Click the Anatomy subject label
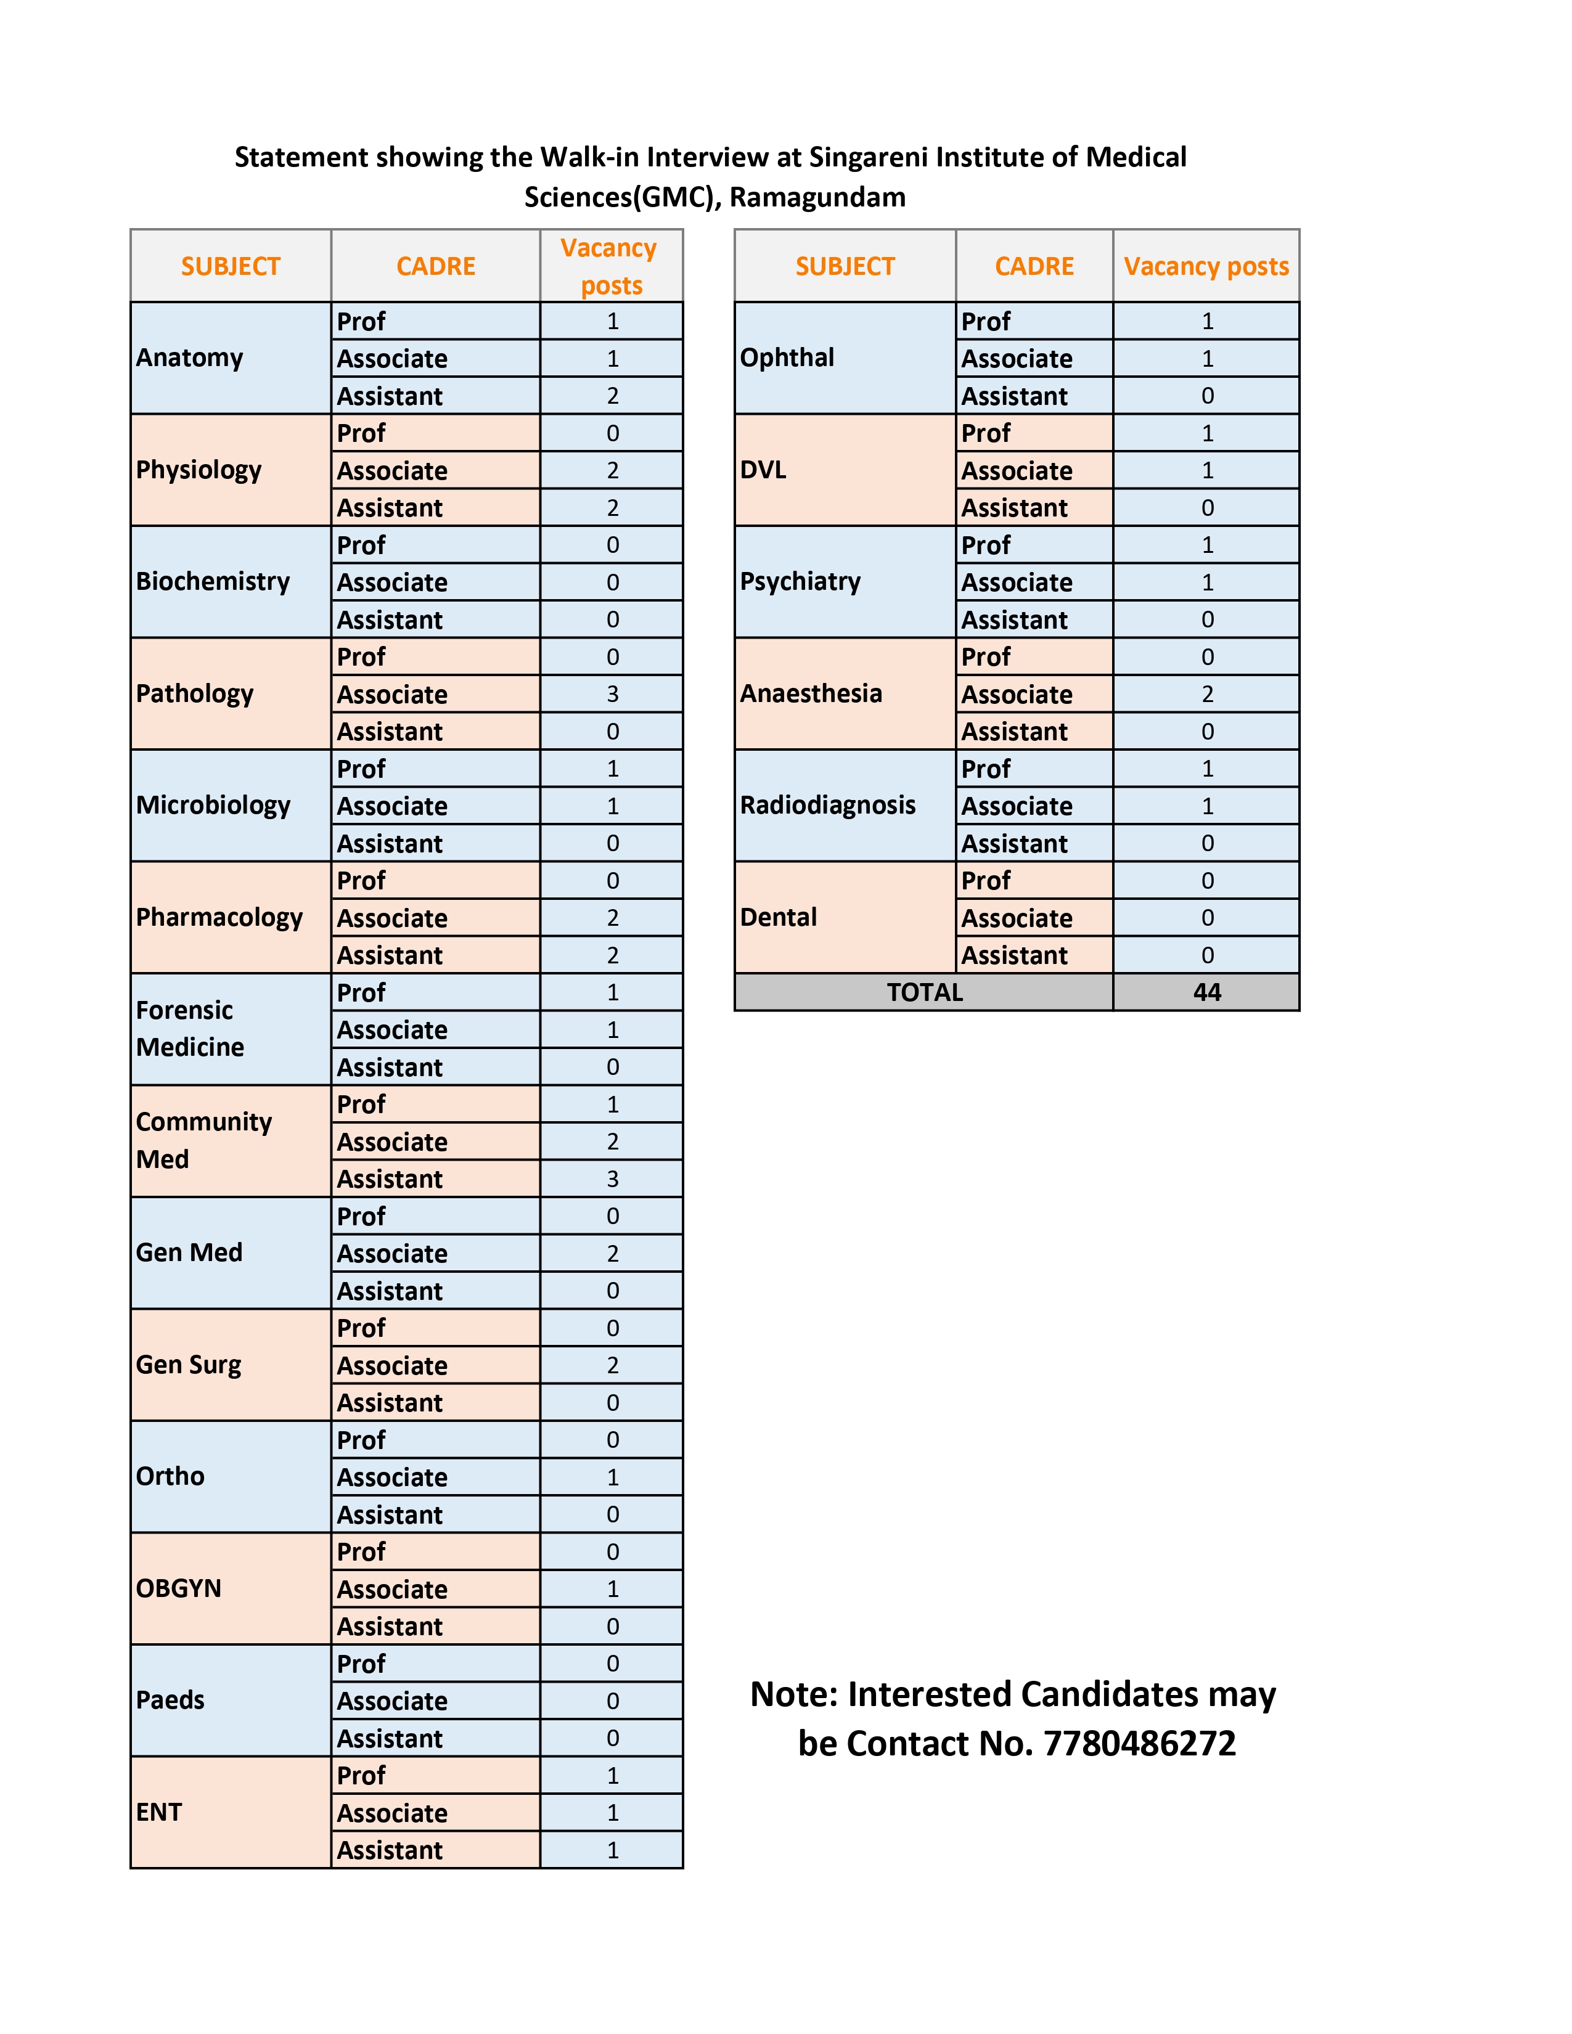point(189,357)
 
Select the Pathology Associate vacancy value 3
point(612,694)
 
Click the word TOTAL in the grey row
point(924,992)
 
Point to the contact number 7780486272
point(1139,1744)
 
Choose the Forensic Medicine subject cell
point(190,1028)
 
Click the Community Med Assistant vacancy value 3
point(612,1179)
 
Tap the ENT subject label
point(159,1812)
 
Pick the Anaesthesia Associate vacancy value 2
point(1207,694)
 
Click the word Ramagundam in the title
point(817,197)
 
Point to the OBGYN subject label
point(179,1588)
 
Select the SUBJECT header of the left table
point(230,266)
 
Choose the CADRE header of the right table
point(1034,266)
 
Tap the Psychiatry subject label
point(800,581)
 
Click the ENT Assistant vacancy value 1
point(612,1850)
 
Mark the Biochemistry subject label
point(212,581)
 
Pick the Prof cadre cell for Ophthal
point(985,321)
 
